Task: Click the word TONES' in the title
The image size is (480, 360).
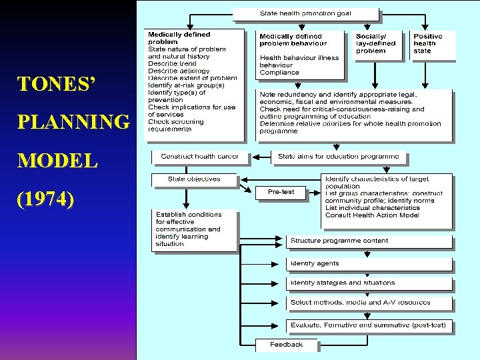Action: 57,84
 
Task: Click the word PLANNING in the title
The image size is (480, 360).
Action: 74,123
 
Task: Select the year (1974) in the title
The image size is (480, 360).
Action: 46,200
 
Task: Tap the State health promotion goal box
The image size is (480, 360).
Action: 306,13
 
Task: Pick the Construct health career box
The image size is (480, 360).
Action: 199,157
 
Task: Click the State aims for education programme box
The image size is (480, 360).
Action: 339,157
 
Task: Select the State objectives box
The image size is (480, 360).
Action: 195,179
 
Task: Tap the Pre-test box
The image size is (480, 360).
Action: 283,192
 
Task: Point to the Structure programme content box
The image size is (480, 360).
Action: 369,241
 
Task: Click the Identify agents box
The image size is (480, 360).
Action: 369,264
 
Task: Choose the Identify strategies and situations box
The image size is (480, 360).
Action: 369,283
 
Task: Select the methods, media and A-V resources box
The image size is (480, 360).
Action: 369,303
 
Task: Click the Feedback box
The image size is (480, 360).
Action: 287,345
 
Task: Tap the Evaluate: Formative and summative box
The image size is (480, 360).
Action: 369,325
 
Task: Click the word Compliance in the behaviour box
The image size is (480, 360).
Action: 279,73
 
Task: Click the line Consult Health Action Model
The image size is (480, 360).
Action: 373,215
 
